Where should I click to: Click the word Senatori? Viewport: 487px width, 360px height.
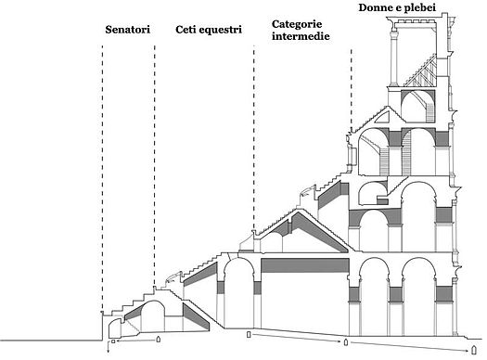pos(127,30)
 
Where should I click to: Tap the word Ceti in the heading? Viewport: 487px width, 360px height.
pos(186,30)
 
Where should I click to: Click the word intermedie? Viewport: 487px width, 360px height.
pos(301,36)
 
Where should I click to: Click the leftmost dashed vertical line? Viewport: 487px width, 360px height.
pos(102,178)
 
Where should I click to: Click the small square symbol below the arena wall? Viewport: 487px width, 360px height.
pos(113,341)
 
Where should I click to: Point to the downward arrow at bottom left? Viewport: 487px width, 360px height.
pos(109,347)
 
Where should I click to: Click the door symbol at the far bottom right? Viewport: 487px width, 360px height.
pos(474,350)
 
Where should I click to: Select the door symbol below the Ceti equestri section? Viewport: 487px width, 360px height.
pos(249,334)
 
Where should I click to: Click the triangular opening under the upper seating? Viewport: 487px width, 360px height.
pos(382,118)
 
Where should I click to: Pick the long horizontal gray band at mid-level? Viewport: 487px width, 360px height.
pos(304,265)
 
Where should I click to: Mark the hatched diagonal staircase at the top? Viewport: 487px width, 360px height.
pos(420,71)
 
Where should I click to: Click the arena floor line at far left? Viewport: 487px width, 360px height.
pos(51,341)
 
